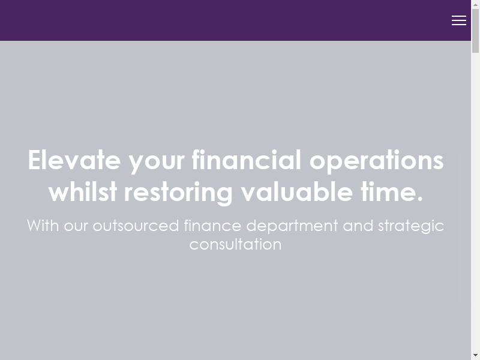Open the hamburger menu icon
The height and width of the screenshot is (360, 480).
(458, 20)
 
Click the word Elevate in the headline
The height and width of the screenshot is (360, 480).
(74, 160)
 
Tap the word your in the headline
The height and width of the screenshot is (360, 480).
(157, 163)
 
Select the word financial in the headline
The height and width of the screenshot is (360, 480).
(247, 160)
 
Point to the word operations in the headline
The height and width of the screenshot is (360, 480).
(377, 161)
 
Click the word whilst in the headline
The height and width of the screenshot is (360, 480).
(83, 191)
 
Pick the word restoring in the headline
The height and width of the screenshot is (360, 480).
(178, 193)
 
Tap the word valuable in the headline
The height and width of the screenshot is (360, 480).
(296, 191)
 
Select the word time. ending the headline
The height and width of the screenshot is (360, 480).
(392, 191)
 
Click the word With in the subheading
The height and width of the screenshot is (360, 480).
(43, 226)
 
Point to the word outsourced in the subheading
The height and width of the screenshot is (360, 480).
(136, 226)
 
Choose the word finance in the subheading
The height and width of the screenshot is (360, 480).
(212, 226)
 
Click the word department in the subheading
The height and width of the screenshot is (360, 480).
(292, 227)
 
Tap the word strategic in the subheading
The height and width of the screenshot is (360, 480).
(411, 227)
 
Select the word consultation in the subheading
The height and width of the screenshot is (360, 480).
(235, 244)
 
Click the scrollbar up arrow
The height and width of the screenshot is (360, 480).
(475, 4)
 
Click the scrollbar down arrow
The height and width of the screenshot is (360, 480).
(475, 356)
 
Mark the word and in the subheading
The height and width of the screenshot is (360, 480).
(358, 226)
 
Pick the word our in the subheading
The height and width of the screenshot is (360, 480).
(76, 227)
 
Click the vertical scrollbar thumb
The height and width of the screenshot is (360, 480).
(475, 31)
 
